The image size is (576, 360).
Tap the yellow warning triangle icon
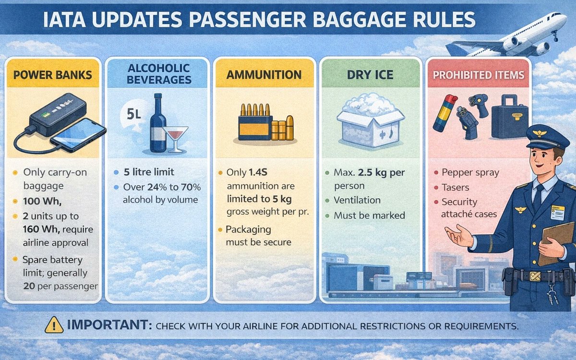coord(54,325)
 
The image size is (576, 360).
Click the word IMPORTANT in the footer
coord(108,325)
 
